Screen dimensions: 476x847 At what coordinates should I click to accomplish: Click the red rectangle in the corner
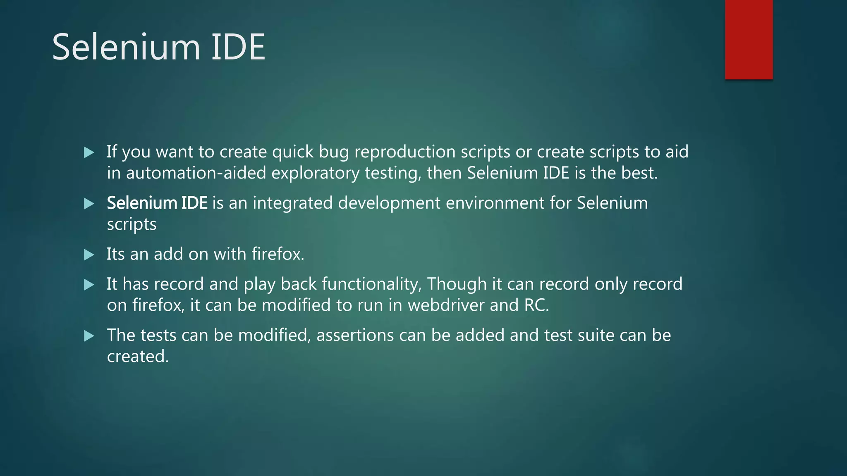pyautogui.click(x=749, y=39)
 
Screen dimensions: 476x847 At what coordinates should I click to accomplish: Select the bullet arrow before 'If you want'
pyautogui.click(x=89, y=152)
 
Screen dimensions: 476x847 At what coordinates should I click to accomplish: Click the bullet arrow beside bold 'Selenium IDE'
pyautogui.click(x=89, y=203)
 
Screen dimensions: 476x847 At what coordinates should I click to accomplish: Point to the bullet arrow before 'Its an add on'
pyautogui.click(x=89, y=255)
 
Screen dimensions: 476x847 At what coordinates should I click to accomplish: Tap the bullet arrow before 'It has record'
pyautogui.click(x=89, y=285)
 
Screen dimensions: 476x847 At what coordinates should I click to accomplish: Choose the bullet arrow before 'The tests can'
pyautogui.click(x=89, y=336)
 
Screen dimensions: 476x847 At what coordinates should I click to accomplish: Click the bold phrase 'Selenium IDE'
pyautogui.click(x=157, y=203)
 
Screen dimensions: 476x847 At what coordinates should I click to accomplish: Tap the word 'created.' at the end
pyautogui.click(x=138, y=357)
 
